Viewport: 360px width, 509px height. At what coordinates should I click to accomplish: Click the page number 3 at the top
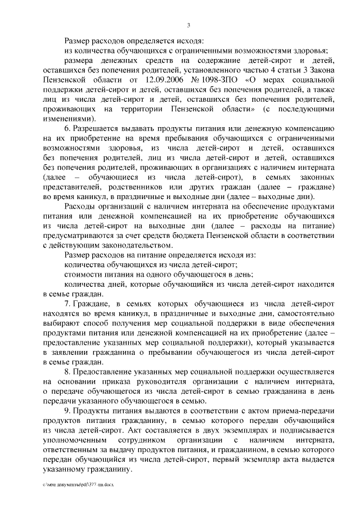pyautogui.click(x=189, y=25)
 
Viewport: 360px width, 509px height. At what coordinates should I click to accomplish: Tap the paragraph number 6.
pyautogui.click(x=67, y=129)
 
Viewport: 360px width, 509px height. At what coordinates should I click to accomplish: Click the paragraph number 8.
pyautogui.click(x=67, y=373)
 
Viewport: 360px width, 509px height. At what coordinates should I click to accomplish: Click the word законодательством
pyautogui.click(x=126, y=245)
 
